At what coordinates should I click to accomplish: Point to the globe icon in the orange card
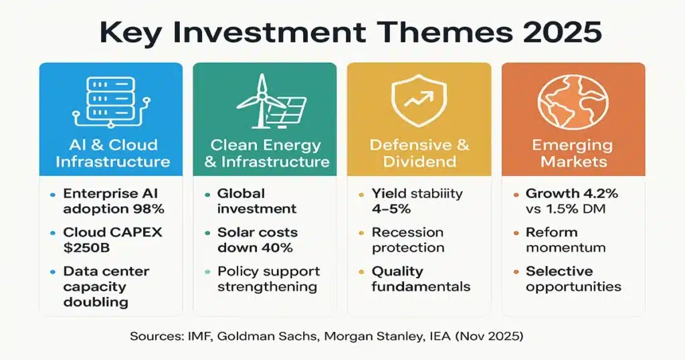[x=573, y=101]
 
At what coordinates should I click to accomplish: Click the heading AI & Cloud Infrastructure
[x=112, y=153]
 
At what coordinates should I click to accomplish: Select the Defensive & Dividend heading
[x=419, y=153]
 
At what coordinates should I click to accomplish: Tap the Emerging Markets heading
[x=573, y=153]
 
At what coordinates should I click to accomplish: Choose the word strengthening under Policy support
[x=267, y=286]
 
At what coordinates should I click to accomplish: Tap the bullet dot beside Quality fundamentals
[x=361, y=272]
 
